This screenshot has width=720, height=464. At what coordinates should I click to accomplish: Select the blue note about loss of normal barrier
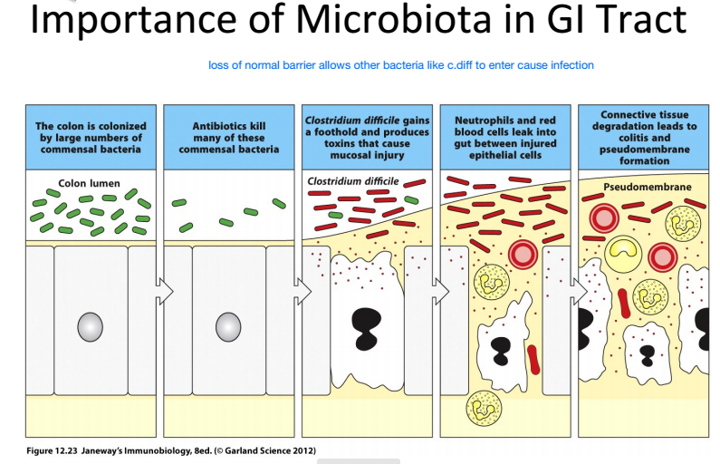[400, 65]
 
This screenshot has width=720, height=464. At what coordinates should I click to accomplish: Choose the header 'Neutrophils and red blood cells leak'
[505, 137]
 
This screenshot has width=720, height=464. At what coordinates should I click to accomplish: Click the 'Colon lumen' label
[90, 183]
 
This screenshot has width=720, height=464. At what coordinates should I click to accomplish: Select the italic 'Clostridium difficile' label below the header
[352, 181]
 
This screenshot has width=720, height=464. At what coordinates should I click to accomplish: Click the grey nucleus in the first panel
[91, 326]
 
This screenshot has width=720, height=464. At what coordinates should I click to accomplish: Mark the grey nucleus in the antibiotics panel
[229, 326]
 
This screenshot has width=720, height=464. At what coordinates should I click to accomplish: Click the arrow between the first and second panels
[164, 292]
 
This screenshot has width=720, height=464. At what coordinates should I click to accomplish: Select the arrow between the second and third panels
[303, 292]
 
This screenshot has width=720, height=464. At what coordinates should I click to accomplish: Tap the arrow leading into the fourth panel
[441, 292]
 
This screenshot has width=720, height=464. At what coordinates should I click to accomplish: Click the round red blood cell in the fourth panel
[523, 255]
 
